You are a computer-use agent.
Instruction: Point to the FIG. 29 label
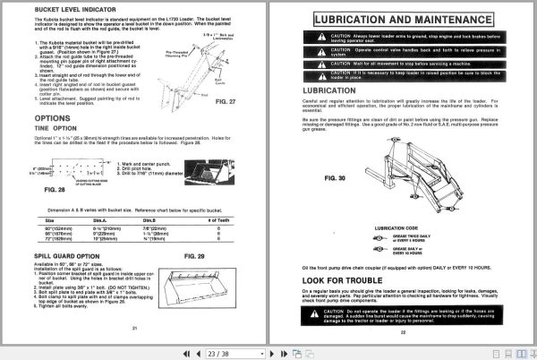click(x=195, y=256)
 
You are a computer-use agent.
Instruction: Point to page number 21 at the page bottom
click(x=132, y=332)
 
